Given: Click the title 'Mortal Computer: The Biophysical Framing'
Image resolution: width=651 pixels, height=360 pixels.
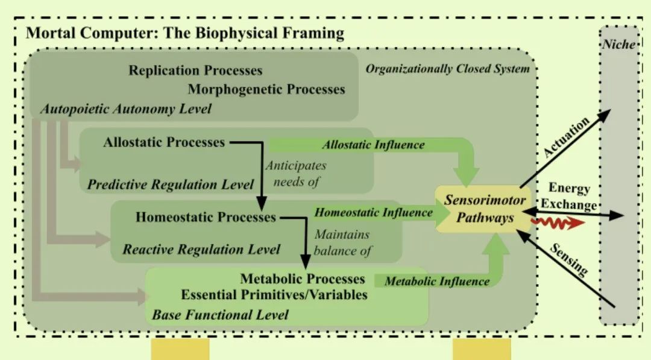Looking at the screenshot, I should (184, 33).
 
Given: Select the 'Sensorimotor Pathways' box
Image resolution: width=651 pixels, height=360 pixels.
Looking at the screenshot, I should (485, 209).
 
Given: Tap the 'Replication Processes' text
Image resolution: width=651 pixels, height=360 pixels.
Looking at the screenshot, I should (195, 71).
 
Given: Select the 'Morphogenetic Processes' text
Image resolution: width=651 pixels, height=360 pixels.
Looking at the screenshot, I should (266, 89).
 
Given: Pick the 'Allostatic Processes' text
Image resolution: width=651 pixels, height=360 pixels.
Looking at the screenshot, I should (164, 142).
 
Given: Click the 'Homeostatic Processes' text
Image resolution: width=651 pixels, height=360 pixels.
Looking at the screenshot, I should (206, 217).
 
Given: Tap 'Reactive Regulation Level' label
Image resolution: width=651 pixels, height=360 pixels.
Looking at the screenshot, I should (201, 248).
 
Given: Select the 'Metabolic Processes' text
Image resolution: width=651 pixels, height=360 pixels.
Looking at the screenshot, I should (303, 279).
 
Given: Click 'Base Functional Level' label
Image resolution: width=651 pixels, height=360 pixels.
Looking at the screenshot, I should (220, 314).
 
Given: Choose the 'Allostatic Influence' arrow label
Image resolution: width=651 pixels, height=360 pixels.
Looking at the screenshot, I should (373, 145).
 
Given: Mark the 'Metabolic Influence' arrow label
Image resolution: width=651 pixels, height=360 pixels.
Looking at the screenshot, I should (437, 280).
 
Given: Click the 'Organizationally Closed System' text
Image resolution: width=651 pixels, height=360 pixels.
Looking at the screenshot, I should (448, 68).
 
